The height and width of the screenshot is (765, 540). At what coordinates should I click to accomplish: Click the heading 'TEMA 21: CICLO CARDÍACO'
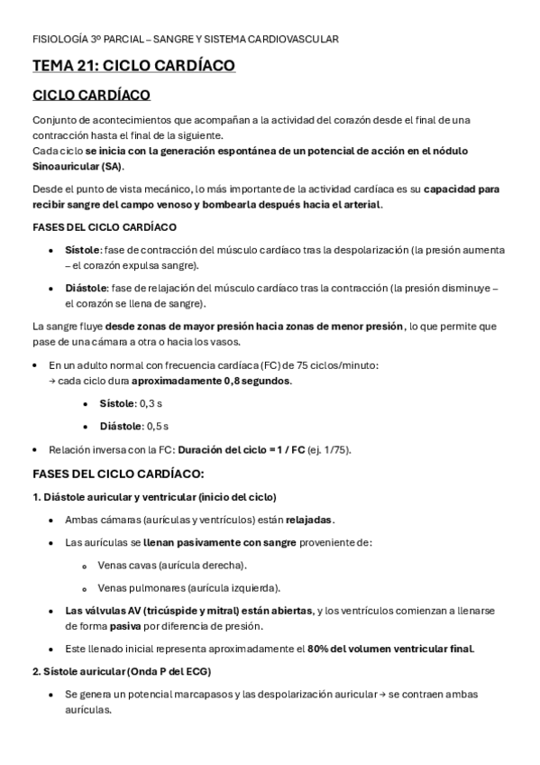pyautogui.click(x=134, y=66)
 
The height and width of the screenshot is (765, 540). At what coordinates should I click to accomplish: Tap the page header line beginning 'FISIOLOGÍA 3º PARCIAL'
pyautogui.click(x=185, y=40)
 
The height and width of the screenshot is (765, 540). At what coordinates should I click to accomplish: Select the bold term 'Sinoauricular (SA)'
pyautogui.click(x=78, y=167)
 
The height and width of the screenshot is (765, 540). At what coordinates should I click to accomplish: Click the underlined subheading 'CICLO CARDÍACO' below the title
pyautogui.click(x=91, y=96)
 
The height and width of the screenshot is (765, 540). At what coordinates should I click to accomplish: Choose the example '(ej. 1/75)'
pyautogui.click(x=329, y=449)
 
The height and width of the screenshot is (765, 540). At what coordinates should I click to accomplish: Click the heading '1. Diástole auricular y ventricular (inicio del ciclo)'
pyautogui.click(x=154, y=497)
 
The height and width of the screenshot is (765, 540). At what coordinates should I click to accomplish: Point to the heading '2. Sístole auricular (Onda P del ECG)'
pyautogui.click(x=122, y=671)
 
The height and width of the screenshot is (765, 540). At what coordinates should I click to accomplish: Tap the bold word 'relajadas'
pyautogui.click(x=309, y=521)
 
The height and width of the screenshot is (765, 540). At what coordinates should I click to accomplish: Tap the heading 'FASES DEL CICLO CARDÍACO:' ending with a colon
pyautogui.click(x=118, y=474)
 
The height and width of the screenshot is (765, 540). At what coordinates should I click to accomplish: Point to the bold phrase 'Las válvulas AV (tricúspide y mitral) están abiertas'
pyautogui.click(x=189, y=611)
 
